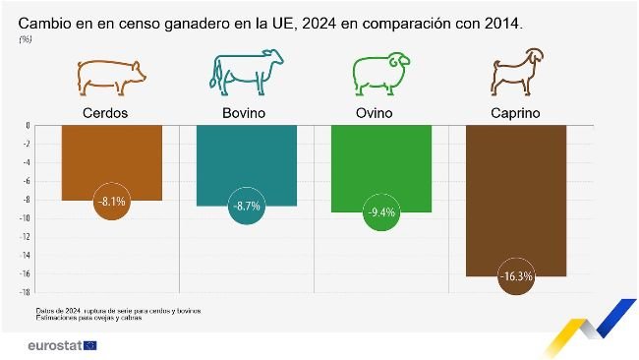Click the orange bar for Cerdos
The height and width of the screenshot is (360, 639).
[x=111, y=157]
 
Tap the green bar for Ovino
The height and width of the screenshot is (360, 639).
[x=380, y=162]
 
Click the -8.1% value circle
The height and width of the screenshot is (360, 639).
[x=111, y=202]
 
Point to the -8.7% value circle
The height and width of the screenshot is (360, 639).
[x=246, y=207]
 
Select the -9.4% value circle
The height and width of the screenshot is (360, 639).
[x=380, y=212]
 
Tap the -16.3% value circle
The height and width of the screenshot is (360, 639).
[x=515, y=276]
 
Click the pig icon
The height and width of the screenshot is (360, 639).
[x=111, y=75]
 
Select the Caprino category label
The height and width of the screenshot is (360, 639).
[x=515, y=113]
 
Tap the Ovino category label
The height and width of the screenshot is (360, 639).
[x=380, y=113]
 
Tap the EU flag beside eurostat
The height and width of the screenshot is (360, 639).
[x=91, y=345]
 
